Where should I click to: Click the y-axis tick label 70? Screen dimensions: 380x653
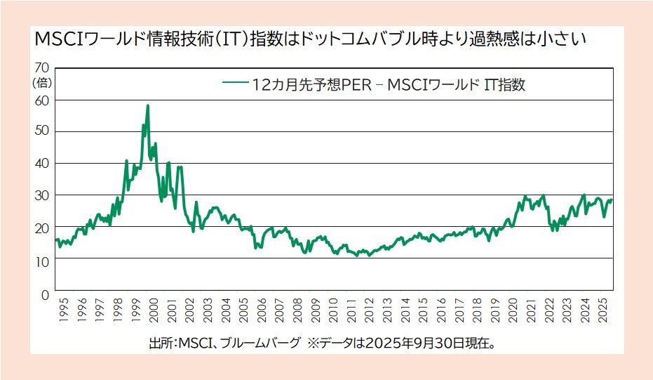pos(41,68)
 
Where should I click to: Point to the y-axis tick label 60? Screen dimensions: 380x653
pos(41,100)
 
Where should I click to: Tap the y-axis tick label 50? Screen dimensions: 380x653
pos(41,131)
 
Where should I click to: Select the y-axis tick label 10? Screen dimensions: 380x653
pos(41,260)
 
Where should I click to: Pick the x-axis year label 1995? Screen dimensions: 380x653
pos(64,312)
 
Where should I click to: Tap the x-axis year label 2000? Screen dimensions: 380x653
pos(154,312)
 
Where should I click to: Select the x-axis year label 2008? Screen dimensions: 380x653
pos(297,312)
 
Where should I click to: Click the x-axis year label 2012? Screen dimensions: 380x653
pos(370,312)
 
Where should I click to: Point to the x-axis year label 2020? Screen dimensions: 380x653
pos(513,312)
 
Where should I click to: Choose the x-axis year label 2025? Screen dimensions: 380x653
pos(603,312)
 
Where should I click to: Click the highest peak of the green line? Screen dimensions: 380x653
pos(147,106)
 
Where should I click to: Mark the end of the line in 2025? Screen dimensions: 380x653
pos(611,200)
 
